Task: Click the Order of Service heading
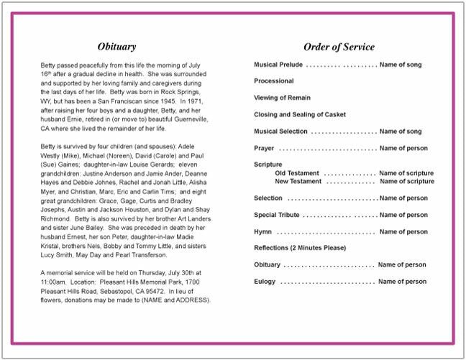(x=339, y=47)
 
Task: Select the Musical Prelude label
(x=279, y=65)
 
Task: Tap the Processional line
(x=274, y=81)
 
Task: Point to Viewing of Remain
(x=284, y=98)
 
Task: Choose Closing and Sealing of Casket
(x=299, y=114)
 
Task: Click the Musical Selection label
(x=280, y=131)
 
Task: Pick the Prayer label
(x=264, y=148)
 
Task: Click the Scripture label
(x=268, y=165)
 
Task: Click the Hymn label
(x=262, y=232)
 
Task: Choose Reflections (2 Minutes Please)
(x=300, y=248)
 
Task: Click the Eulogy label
(x=265, y=282)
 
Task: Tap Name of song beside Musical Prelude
(x=401, y=65)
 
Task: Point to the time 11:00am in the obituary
(x=54, y=282)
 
